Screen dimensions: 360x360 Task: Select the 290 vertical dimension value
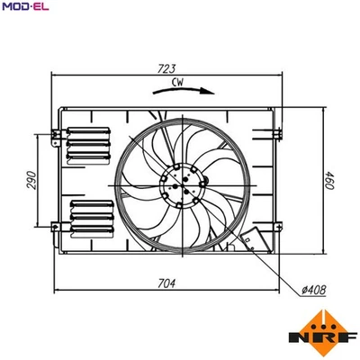[x=31, y=181]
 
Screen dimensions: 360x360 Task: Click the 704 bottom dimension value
[x=166, y=283]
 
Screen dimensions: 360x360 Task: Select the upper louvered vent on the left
[x=89, y=140]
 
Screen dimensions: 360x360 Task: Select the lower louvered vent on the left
[x=89, y=217]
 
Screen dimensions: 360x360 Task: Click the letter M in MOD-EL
[x=5, y=8]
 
